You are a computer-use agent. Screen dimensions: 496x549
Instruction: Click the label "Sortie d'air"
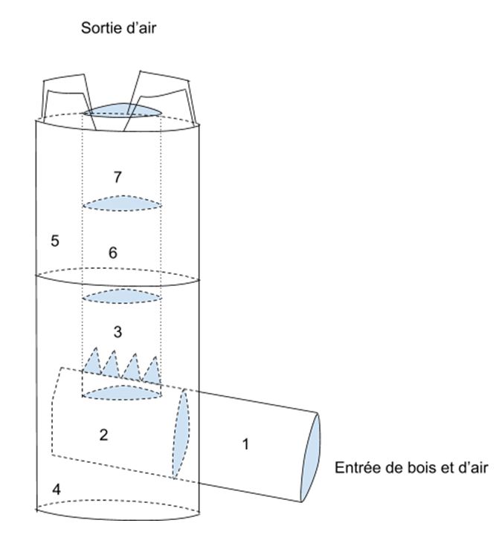(x=118, y=27)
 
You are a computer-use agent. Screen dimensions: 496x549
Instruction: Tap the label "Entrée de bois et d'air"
(x=410, y=468)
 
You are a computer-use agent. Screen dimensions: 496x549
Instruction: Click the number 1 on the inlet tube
(x=245, y=444)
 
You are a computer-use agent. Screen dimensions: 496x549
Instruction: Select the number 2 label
(x=103, y=435)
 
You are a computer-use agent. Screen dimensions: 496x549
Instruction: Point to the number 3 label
(x=117, y=331)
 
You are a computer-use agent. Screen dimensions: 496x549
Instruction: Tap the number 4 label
(x=56, y=489)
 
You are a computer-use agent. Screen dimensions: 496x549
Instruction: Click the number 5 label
(x=55, y=241)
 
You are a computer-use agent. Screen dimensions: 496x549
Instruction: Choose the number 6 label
(x=112, y=253)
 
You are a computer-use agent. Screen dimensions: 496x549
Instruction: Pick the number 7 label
(x=117, y=177)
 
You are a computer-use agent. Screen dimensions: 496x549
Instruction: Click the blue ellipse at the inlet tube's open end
(x=311, y=458)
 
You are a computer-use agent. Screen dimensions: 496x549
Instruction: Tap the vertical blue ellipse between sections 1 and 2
(x=181, y=433)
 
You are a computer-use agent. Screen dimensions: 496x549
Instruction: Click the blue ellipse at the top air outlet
(x=123, y=110)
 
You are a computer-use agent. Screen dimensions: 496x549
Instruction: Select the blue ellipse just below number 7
(x=122, y=204)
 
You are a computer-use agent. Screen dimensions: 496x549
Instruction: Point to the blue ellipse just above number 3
(x=122, y=296)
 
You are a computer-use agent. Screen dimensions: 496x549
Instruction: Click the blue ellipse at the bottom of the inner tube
(x=122, y=392)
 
